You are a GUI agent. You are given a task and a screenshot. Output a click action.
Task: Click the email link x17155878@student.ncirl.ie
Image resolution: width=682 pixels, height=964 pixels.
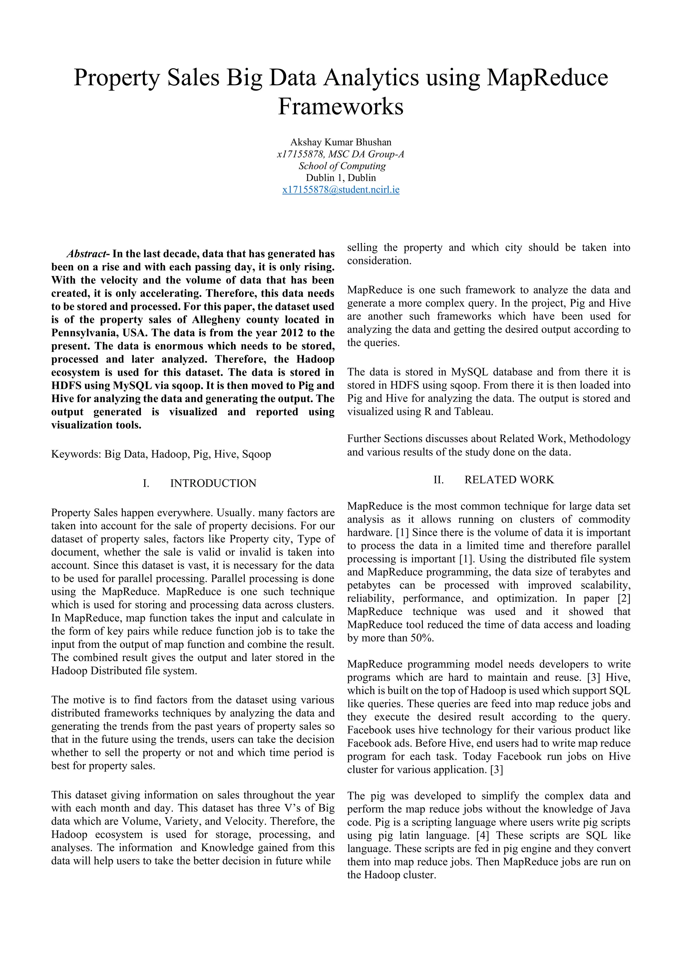[341, 189]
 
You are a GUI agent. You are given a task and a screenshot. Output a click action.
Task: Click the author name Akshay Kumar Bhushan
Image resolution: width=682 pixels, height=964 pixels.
[341, 142]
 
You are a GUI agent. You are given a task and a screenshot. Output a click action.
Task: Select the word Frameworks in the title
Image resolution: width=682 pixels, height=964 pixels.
[341, 106]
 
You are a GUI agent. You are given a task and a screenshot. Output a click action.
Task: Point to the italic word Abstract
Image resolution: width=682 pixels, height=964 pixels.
[87, 254]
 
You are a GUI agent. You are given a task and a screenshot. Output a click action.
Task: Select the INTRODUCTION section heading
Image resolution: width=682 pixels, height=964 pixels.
[213, 483]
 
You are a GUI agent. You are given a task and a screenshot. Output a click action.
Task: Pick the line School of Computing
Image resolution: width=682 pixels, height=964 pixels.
[342, 166]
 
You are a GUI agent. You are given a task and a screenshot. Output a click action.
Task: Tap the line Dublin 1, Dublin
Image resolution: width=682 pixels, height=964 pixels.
[341, 178]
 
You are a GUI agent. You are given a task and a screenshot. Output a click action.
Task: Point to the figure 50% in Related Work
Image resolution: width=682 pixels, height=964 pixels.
[422, 638]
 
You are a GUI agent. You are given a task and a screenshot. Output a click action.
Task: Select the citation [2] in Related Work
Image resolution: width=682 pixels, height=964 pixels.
[624, 598]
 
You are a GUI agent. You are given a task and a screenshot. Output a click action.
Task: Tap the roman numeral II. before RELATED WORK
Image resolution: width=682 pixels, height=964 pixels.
[439, 479]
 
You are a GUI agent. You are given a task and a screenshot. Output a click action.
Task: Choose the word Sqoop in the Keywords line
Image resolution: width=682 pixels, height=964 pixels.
[257, 454]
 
